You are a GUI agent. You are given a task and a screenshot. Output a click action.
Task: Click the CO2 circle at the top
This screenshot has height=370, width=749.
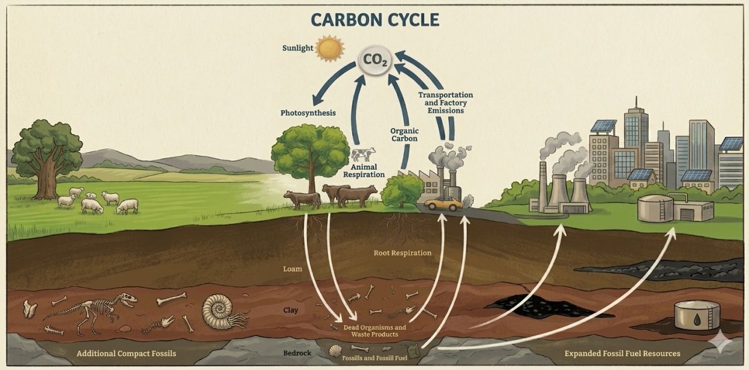click(374, 60)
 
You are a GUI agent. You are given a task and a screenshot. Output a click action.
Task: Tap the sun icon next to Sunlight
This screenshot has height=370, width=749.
click(330, 48)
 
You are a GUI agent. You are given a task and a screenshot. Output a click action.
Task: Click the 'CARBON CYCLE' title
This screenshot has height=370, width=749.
click(375, 20)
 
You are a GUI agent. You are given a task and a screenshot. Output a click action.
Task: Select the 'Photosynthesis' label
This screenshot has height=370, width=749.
click(308, 113)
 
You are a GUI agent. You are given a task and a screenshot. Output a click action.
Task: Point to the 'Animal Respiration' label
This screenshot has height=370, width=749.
click(364, 171)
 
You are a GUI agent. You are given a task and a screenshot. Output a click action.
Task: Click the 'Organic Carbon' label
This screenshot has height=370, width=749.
click(404, 135)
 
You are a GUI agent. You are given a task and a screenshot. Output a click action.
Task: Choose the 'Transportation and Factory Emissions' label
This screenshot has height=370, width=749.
click(445, 103)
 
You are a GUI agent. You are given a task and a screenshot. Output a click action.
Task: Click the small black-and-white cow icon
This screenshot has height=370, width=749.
click(363, 155)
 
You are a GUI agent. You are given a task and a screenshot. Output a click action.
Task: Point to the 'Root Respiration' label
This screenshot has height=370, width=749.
click(402, 253)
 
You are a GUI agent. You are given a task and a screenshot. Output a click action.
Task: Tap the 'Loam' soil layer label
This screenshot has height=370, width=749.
click(292, 269)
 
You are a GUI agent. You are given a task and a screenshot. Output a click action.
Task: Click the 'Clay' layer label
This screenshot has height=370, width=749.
click(291, 310)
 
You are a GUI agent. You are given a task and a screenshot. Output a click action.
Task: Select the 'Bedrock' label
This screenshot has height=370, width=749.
click(297, 353)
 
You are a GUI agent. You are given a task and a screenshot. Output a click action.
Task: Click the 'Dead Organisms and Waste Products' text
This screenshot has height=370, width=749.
click(374, 331)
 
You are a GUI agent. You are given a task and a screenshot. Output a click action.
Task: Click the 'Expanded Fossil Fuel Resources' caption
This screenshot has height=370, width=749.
click(622, 354)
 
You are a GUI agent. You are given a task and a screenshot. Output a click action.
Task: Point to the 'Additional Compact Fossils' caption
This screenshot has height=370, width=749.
click(126, 354)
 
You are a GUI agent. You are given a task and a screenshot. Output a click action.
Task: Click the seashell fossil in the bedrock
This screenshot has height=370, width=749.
click(335, 351)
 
